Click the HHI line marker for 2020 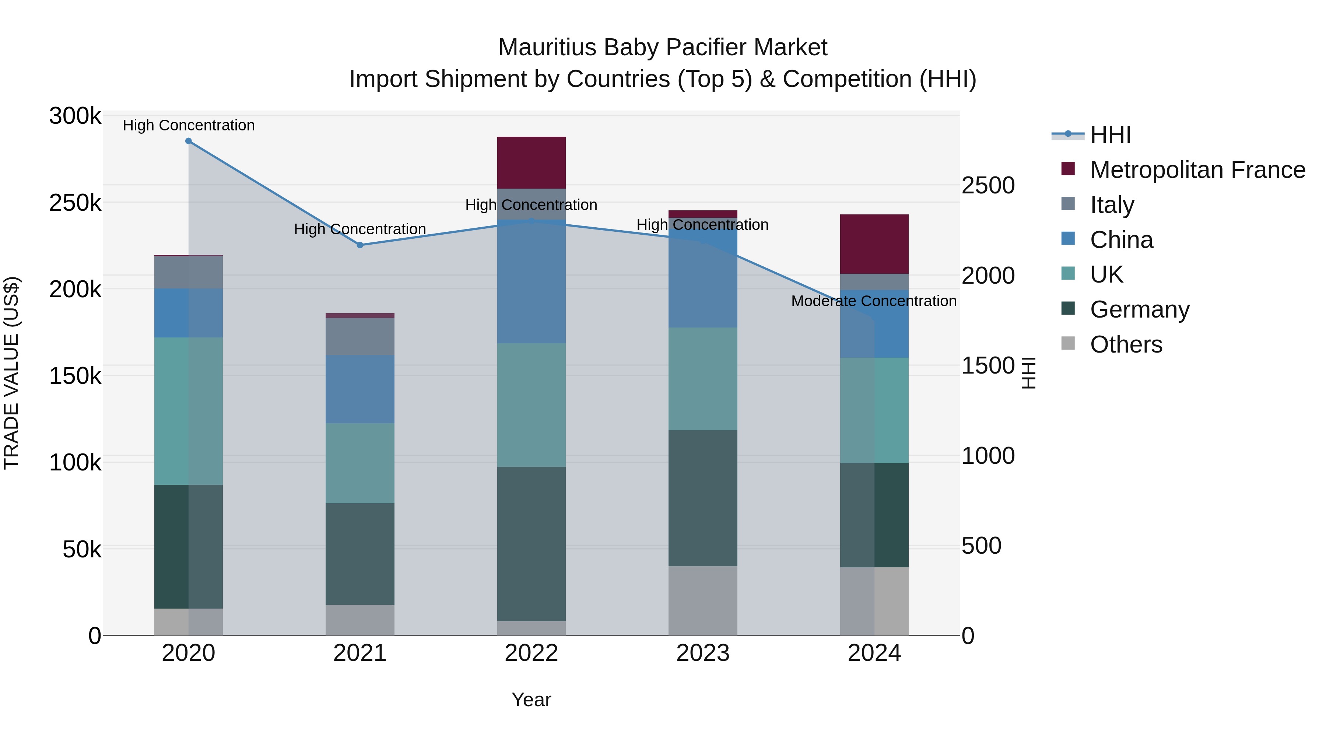(x=188, y=141)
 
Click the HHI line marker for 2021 (x=360, y=245)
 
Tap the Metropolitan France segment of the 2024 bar (x=874, y=244)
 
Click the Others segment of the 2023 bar (x=703, y=600)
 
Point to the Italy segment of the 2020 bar (x=188, y=272)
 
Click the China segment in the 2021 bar (x=360, y=389)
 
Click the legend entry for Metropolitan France (x=1197, y=170)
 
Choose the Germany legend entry (x=1140, y=309)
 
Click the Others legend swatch (x=1068, y=343)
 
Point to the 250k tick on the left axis (x=75, y=203)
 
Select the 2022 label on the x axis (x=531, y=653)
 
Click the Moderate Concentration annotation (x=874, y=301)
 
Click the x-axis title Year (x=531, y=700)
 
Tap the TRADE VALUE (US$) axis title (x=12, y=373)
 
